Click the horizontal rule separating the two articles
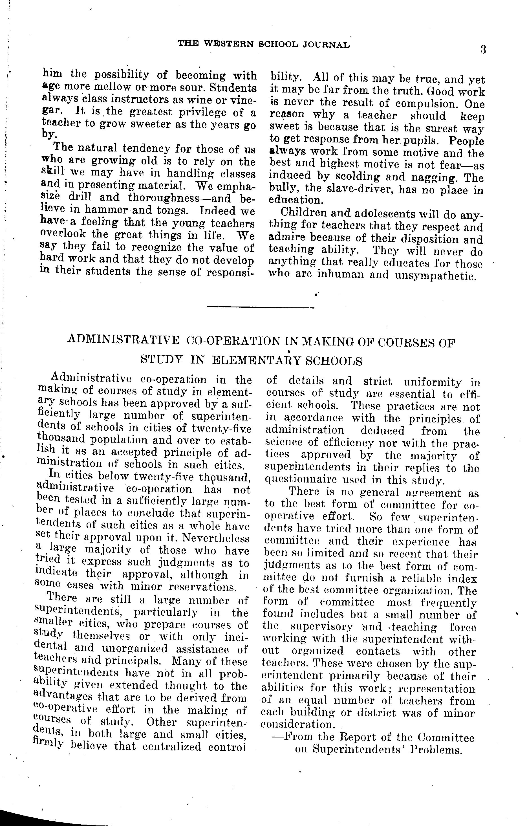pos(261,307)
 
